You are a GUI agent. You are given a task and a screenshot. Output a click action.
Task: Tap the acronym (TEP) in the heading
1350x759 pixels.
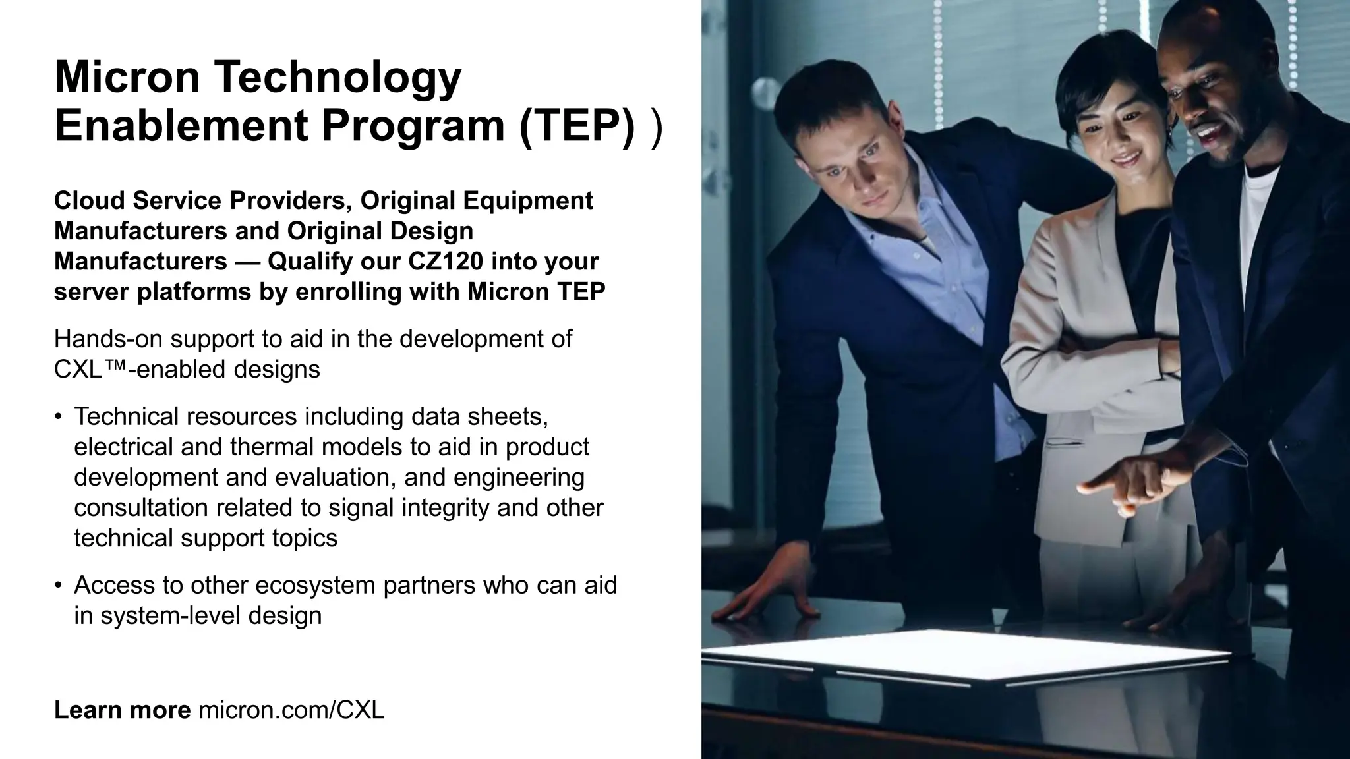[x=577, y=126]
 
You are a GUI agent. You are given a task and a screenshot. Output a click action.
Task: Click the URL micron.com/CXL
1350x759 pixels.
[x=291, y=710]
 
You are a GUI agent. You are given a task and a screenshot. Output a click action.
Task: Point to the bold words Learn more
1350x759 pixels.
[x=122, y=710]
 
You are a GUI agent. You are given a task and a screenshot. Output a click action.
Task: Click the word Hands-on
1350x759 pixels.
[x=109, y=339]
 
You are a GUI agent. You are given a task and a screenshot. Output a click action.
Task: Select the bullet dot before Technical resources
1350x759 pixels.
[x=59, y=417]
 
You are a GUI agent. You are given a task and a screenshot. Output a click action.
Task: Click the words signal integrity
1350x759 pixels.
[x=409, y=508]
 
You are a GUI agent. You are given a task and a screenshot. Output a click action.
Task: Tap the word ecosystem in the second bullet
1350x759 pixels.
[x=314, y=586]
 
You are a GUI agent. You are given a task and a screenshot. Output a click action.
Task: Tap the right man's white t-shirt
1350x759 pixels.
[x=1259, y=217]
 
